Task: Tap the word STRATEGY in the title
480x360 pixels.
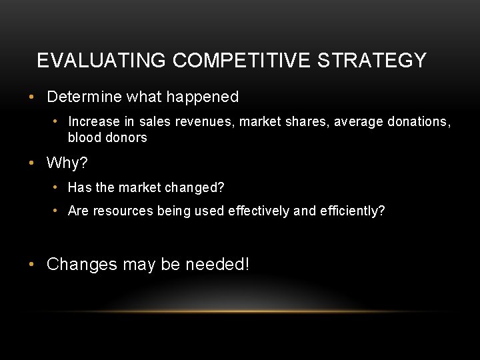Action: click(372, 61)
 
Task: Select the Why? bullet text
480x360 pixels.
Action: click(67, 163)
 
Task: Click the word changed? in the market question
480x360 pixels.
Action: click(199, 188)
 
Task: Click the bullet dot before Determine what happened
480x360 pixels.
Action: click(32, 97)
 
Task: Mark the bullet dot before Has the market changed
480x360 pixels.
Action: click(56, 188)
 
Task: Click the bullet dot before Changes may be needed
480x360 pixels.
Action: click(32, 265)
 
